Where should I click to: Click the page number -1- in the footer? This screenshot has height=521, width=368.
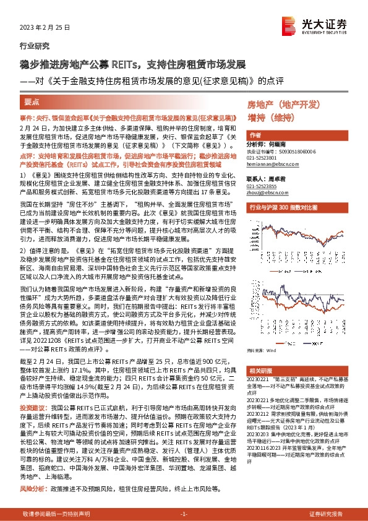[183, 514]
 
